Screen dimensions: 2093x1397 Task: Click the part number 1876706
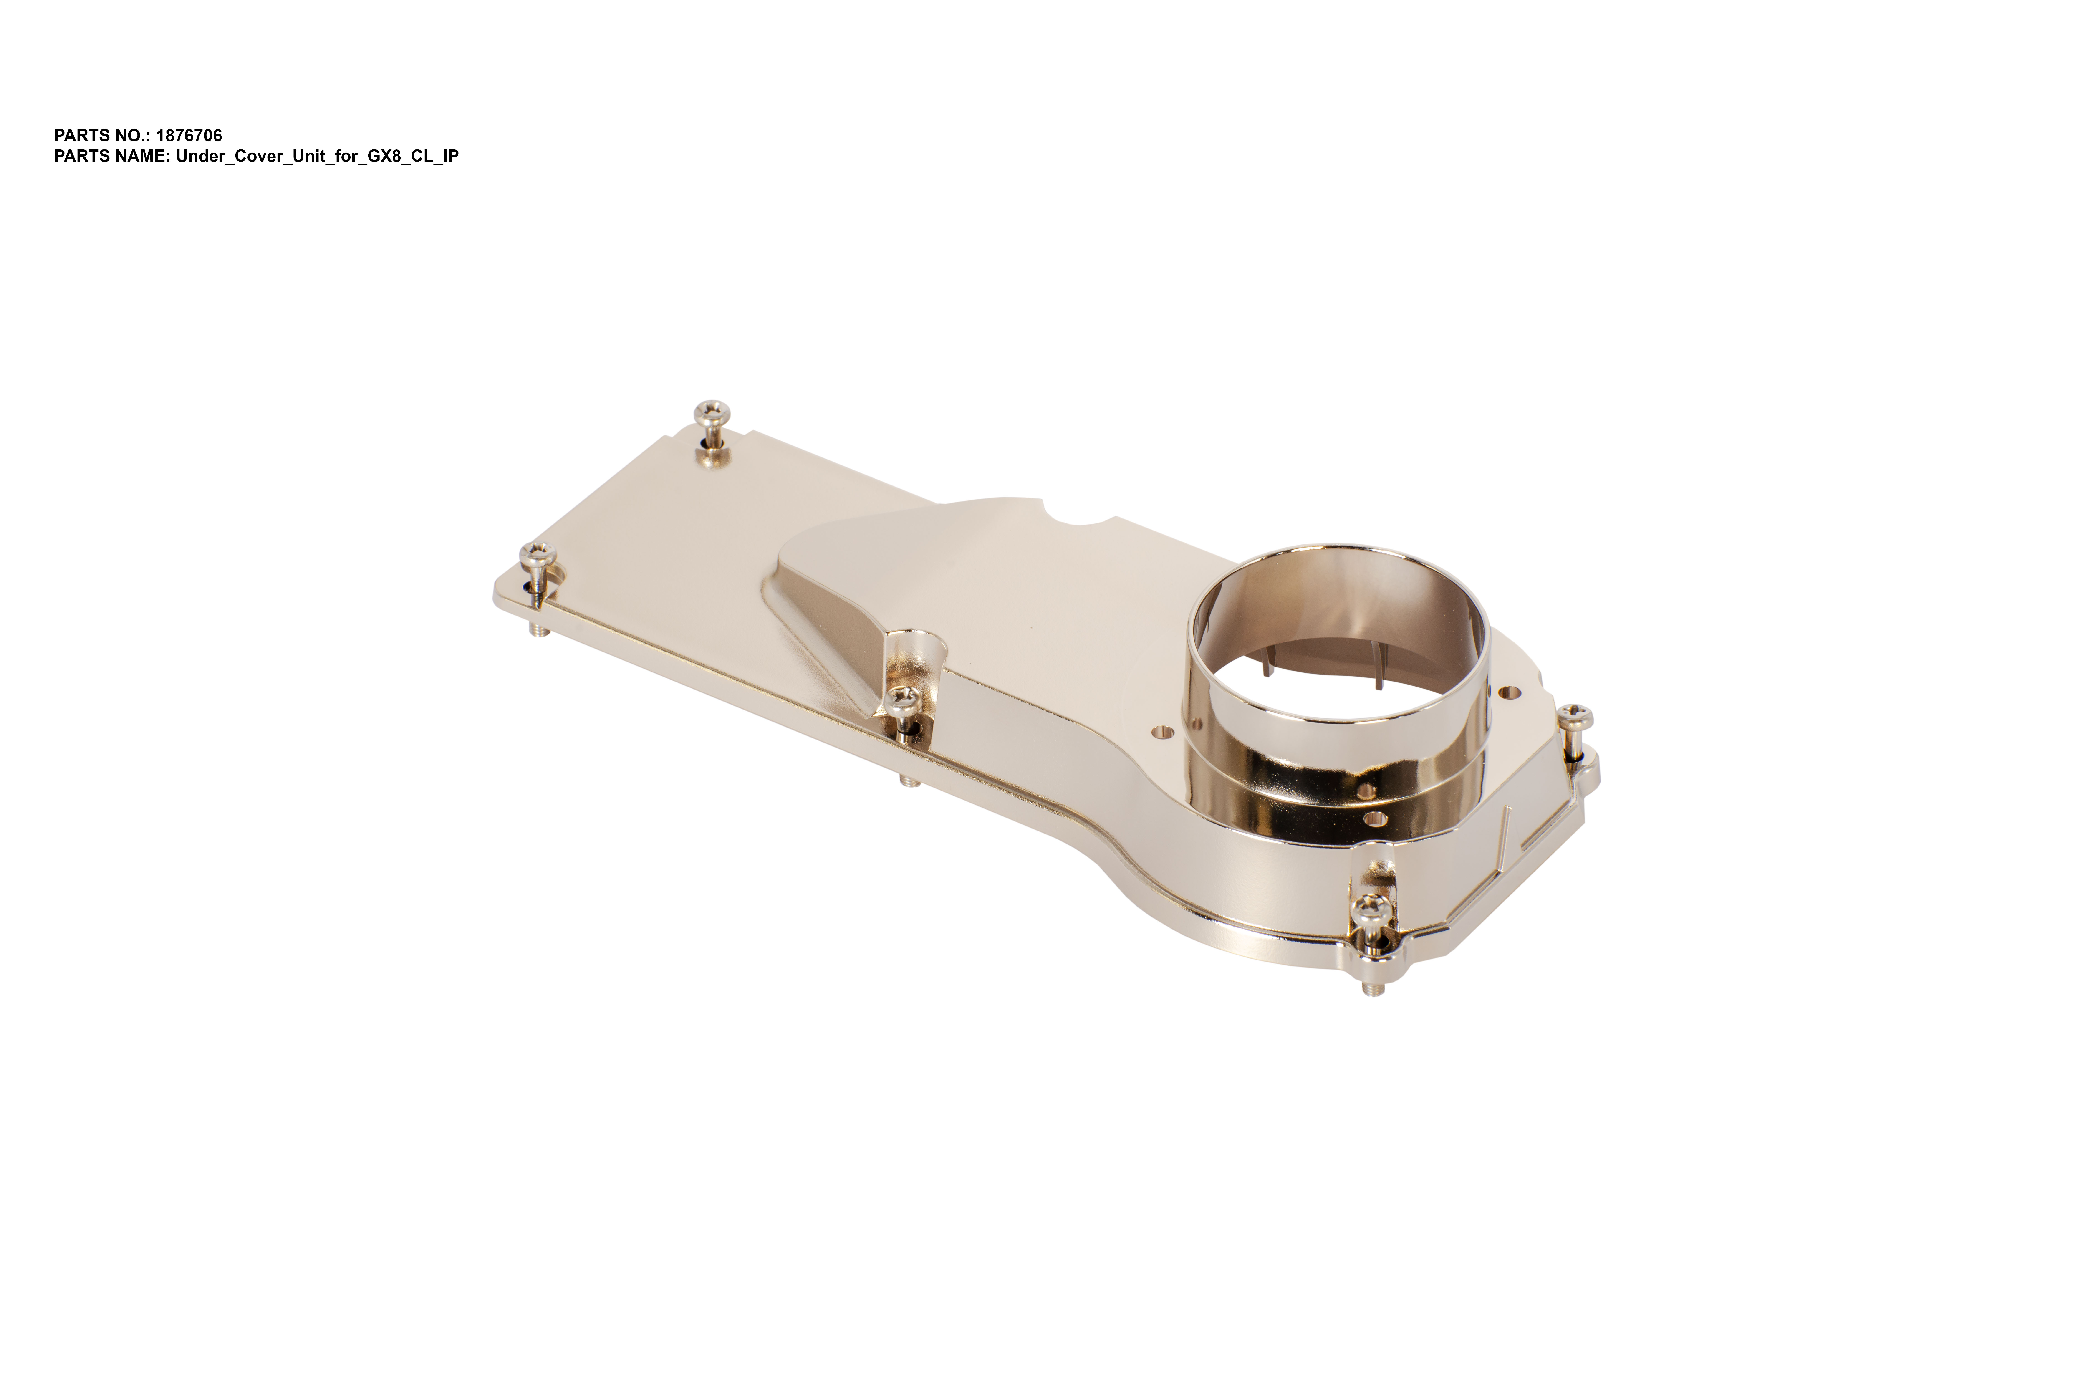pyautogui.click(x=189, y=135)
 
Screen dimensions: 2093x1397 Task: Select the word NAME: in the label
pyautogui.click(x=142, y=156)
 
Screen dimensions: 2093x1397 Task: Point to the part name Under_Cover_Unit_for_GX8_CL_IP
pyautogui.click(x=317, y=156)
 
